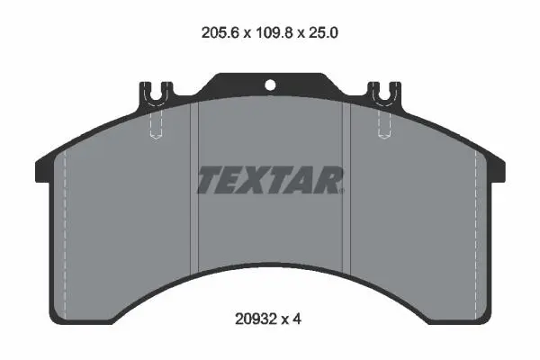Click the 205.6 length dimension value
click(x=220, y=32)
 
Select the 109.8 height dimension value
click(x=274, y=32)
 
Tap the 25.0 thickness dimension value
click(x=323, y=32)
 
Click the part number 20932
click(x=256, y=319)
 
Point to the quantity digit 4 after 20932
click(x=297, y=319)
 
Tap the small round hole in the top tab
click(x=270, y=85)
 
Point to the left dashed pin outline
click(x=156, y=124)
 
